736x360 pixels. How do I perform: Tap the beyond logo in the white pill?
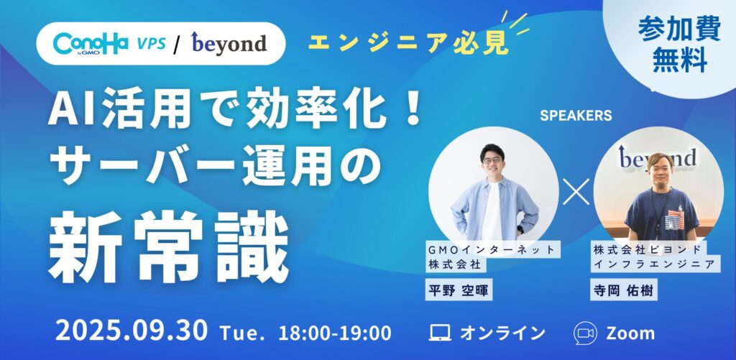[x=229, y=44]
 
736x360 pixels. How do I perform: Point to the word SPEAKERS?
[x=576, y=116]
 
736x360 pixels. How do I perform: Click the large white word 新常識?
[x=168, y=246]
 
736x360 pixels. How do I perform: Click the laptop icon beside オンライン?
[x=441, y=333]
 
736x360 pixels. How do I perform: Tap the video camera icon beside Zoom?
[x=585, y=333]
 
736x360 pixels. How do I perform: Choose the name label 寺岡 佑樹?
[x=623, y=291]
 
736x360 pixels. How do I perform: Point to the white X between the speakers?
[x=576, y=191]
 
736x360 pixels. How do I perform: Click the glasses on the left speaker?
[x=492, y=160]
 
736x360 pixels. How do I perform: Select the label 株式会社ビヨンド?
[x=648, y=249]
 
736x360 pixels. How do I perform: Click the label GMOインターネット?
[x=491, y=249]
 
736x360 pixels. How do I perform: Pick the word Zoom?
[x=630, y=333]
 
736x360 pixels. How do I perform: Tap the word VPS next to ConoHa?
[x=151, y=44]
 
